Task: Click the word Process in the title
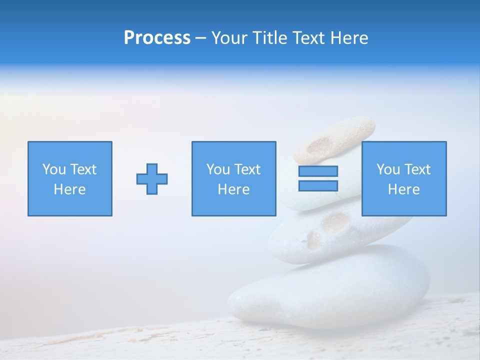[x=157, y=37]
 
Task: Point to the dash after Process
[x=200, y=38]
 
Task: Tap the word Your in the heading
[x=229, y=37]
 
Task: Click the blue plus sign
[x=152, y=178]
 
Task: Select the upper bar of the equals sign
[x=318, y=171]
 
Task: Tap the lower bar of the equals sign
[x=318, y=186]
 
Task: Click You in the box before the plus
[x=54, y=169]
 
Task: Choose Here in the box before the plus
[x=69, y=189]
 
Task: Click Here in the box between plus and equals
[x=233, y=189]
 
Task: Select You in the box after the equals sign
[x=388, y=169]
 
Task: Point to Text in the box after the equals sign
[x=418, y=169]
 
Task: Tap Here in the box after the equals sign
[x=403, y=189]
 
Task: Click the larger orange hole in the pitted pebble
[x=336, y=221]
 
